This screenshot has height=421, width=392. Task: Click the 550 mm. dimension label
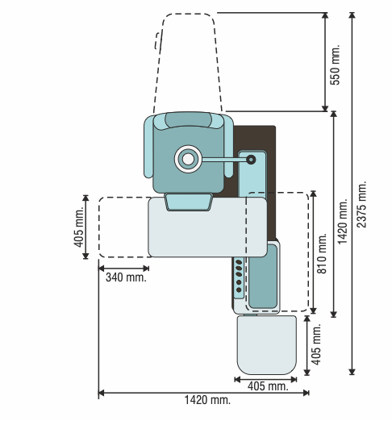click(335, 65)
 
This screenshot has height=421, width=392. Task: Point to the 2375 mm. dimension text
click(361, 204)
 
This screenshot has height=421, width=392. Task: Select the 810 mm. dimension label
click(321, 253)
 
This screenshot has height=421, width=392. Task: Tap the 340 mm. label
click(126, 277)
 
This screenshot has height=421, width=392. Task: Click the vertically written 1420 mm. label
click(343, 222)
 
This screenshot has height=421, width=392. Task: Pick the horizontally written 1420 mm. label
click(207, 400)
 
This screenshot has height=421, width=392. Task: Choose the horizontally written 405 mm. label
click(268, 386)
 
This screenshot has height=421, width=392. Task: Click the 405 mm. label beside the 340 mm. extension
click(79, 227)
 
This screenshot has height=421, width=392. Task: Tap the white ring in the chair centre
click(188, 159)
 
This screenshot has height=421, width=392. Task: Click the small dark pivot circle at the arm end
click(251, 160)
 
